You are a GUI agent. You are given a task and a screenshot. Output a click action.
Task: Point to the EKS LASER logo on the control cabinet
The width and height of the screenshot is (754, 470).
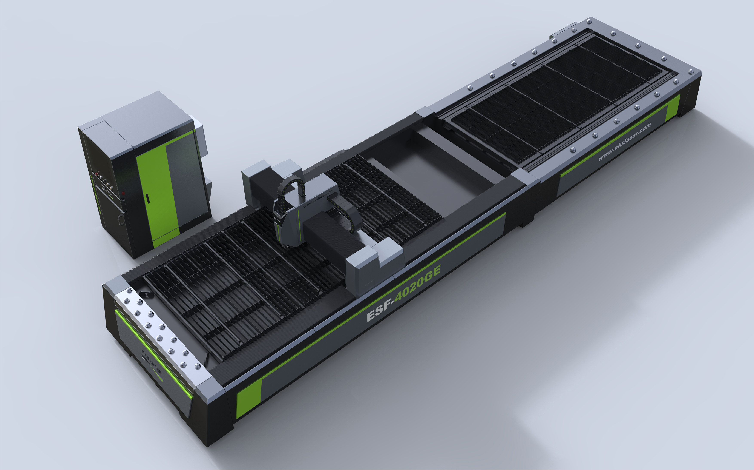click(x=107, y=190)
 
